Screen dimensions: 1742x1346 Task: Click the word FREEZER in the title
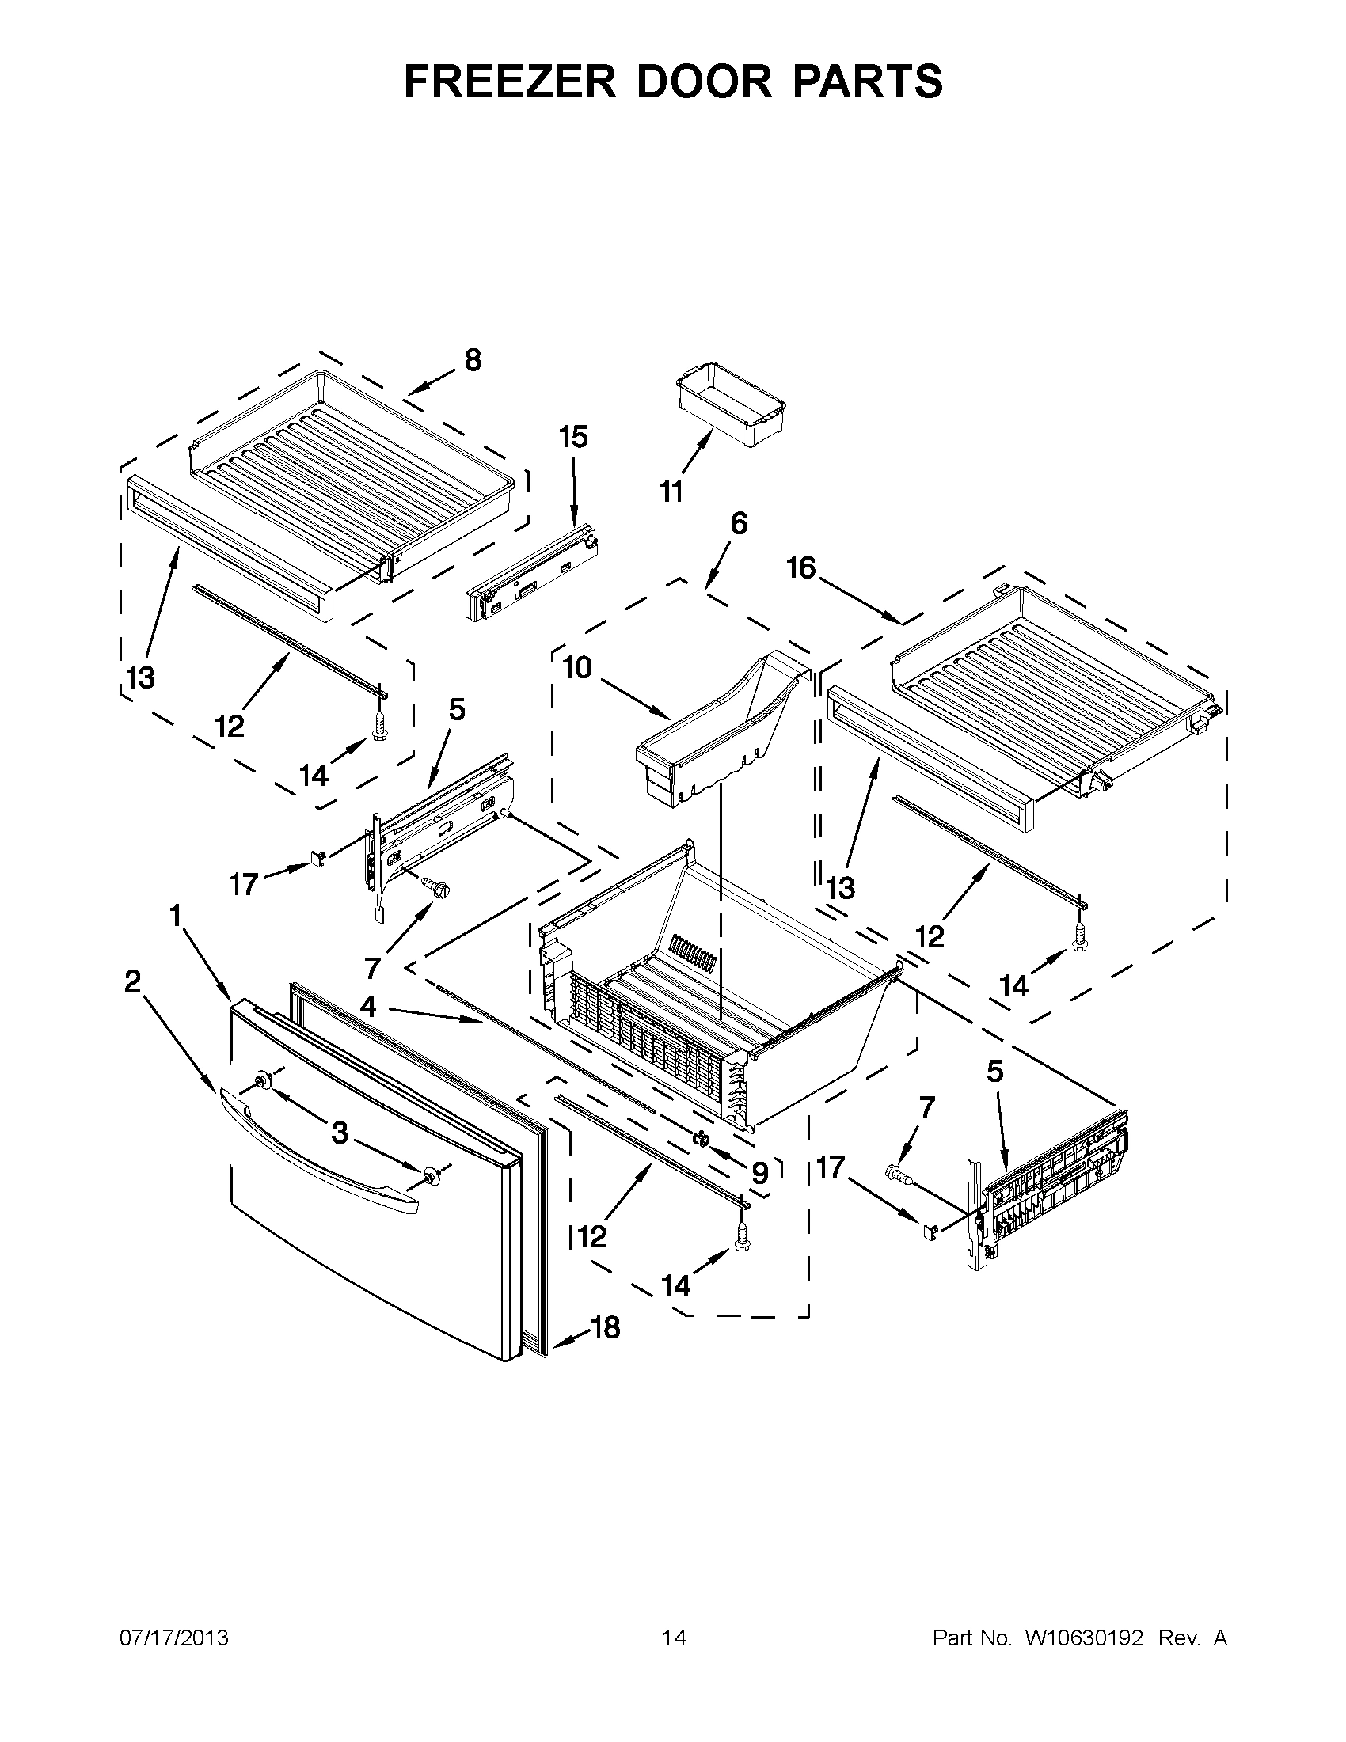tap(511, 82)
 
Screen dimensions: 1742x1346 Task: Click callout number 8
tap(473, 361)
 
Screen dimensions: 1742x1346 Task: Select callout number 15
tap(573, 437)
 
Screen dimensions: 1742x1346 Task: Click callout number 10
tap(578, 668)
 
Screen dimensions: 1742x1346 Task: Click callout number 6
tap(739, 524)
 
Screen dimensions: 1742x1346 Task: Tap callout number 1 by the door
tap(175, 916)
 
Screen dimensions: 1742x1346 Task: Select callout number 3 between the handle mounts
tap(340, 1133)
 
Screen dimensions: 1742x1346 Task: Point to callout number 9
tap(759, 1172)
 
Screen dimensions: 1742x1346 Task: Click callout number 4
tap(367, 1008)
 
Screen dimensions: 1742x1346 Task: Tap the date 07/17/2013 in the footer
tap(174, 1638)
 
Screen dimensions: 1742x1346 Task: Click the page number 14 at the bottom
tap(674, 1638)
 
